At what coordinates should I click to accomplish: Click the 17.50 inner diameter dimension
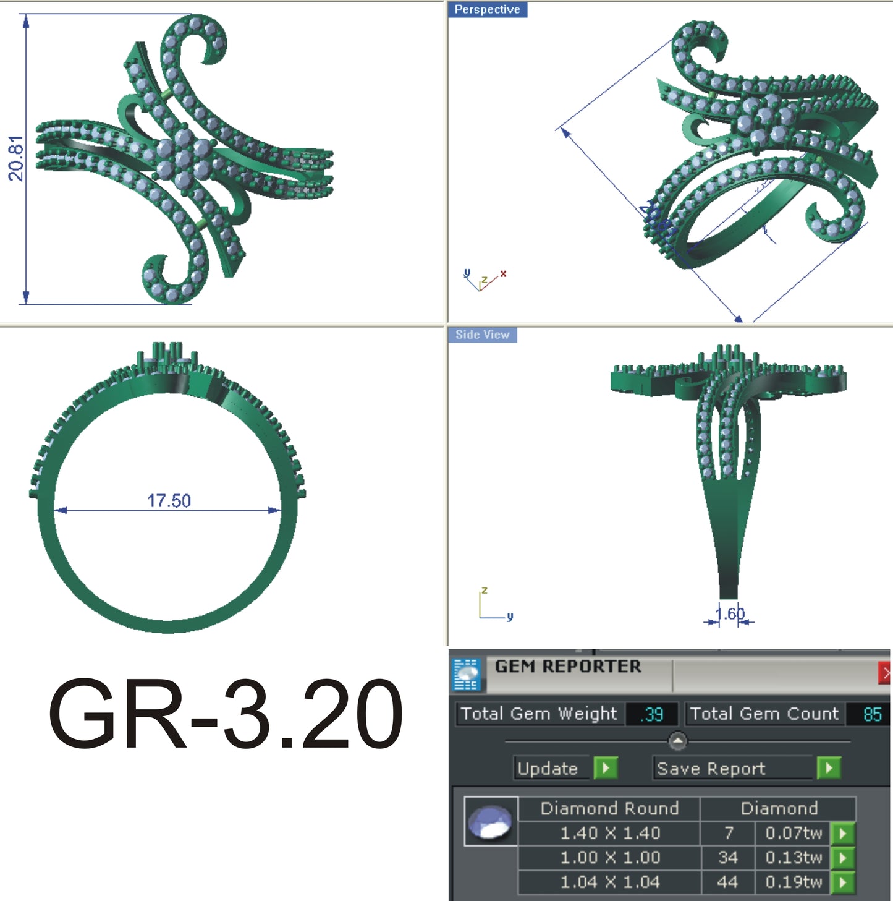click(x=169, y=500)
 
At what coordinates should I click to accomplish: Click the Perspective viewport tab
click(x=487, y=9)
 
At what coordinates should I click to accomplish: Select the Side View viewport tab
click(x=482, y=335)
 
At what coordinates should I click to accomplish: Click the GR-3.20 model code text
click(x=226, y=714)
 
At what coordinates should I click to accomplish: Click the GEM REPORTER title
click(x=568, y=666)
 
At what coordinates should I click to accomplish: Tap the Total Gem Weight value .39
click(x=652, y=714)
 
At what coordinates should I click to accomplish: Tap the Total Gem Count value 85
click(x=872, y=714)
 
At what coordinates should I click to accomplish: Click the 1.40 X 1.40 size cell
click(x=609, y=833)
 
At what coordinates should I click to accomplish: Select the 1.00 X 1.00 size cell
click(x=609, y=858)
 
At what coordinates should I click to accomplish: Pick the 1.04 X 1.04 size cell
click(x=609, y=882)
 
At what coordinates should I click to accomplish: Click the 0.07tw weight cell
click(x=794, y=833)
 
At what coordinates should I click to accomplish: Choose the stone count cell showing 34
click(x=728, y=858)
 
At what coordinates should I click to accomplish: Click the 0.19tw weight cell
click(x=794, y=882)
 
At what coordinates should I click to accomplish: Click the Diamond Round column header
click(x=609, y=808)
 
